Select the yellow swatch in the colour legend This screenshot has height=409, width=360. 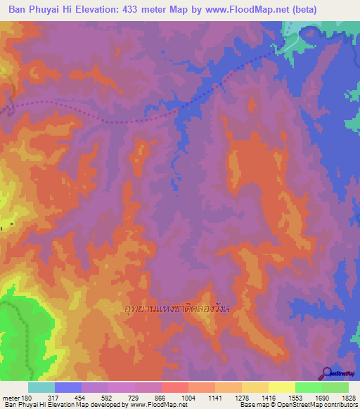pos(281,387)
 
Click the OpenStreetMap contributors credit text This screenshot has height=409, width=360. pos(316,405)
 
